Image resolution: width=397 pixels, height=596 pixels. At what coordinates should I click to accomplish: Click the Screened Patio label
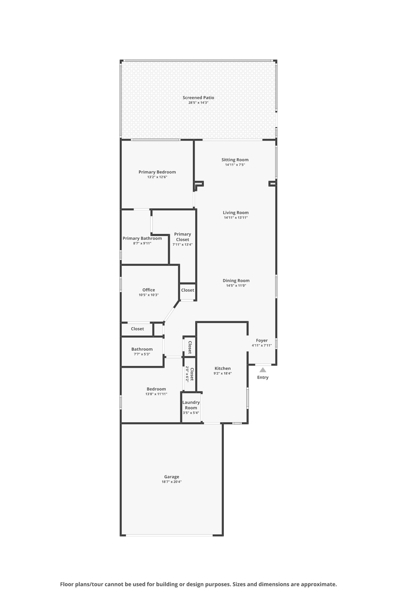tap(198, 98)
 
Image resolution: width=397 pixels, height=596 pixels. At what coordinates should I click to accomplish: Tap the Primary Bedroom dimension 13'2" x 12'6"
tap(157, 177)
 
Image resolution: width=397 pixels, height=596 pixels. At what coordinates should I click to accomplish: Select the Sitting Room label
tap(235, 159)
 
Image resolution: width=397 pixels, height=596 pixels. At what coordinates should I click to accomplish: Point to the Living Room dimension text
tap(235, 218)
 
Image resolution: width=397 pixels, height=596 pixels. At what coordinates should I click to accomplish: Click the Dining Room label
tap(236, 281)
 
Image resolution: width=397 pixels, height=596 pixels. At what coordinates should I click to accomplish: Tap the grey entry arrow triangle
tap(263, 370)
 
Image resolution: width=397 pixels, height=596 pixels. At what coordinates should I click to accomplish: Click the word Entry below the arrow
tap(263, 378)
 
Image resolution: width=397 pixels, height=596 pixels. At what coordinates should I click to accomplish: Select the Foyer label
tap(262, 340)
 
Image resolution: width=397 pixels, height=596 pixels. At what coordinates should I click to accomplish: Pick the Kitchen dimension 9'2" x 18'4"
tap(222, 374)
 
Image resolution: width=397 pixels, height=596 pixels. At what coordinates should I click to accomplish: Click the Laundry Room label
tap(191, 405)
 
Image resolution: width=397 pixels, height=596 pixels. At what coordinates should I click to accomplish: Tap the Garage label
tap(172, 477)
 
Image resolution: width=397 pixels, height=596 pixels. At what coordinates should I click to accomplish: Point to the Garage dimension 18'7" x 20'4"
tap(172, 482)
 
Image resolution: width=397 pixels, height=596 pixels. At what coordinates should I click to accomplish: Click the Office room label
tap(148, 290)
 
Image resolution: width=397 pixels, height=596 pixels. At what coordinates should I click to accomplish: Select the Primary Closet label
tap(182, 237)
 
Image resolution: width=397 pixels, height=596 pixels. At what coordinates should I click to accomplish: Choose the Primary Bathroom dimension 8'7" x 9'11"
tap(142, 244)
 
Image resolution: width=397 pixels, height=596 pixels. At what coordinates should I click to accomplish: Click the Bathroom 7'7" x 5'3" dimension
tap(142, 354)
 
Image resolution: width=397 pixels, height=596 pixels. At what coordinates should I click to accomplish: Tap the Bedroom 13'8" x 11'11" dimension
tap(156, 394)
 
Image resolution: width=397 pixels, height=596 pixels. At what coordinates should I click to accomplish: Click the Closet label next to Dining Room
tap(187, 290)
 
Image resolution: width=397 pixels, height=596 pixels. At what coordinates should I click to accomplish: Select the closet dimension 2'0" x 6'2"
tap(187, 374)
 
